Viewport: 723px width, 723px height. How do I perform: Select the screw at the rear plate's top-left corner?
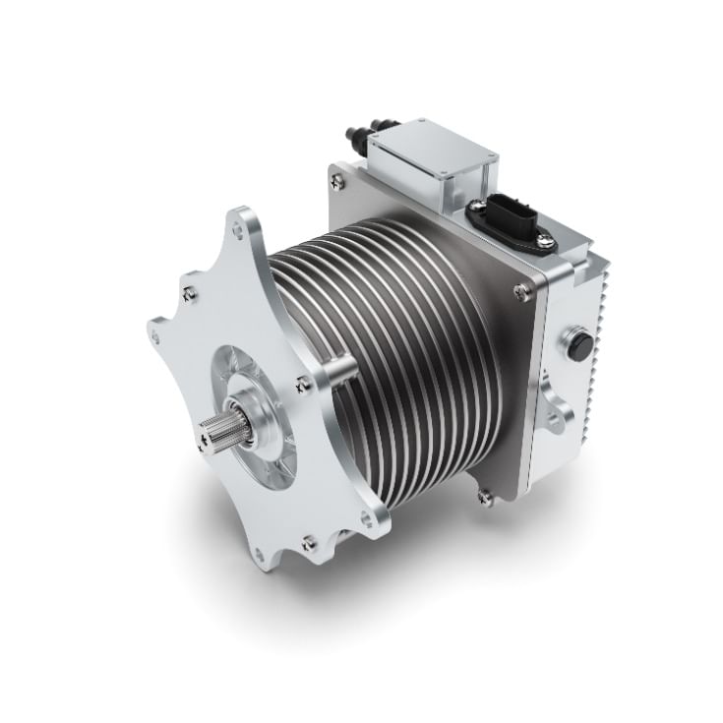click(x=338, y=179)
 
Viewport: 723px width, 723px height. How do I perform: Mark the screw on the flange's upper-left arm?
click(x=190, y=291)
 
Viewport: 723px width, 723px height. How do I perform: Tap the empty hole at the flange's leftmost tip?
click(x=153, y=334)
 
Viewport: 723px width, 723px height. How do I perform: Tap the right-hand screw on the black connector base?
click(x=552, y=243)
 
